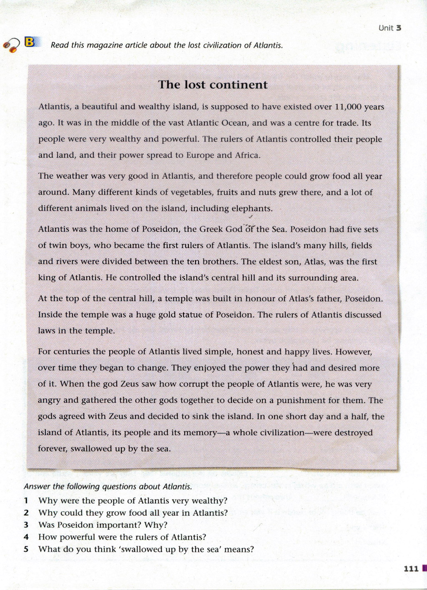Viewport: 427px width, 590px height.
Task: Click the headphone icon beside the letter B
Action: (12, 45)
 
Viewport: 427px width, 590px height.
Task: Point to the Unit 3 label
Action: (390, 28)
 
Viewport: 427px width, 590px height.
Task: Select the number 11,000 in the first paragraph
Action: (347, 107)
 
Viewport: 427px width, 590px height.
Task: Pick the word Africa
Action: (247, 156)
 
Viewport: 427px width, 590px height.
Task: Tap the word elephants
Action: (252, 208)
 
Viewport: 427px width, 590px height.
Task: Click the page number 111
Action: (411, 568)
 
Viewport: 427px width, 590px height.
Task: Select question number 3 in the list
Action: (26, 525)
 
